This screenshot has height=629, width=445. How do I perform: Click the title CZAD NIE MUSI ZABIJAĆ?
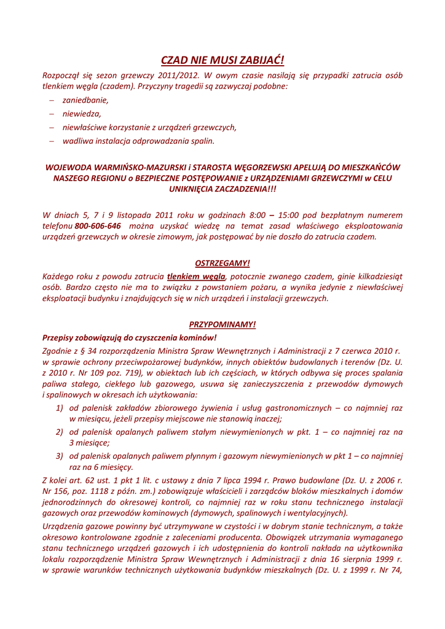pos(222,60)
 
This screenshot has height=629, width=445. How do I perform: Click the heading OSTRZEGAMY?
pos(222,263)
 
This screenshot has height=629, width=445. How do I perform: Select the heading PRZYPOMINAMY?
pos(222,324)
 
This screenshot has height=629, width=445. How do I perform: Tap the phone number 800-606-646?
pos(98,225)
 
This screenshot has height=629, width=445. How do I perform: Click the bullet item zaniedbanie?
pos(85,100)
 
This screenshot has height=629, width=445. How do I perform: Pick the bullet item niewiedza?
pos(82,114)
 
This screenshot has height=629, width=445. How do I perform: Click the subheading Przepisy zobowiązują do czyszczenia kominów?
pos(129,337)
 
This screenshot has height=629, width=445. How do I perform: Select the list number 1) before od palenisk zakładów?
pos(60,407)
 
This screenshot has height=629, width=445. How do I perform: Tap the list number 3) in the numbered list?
pos(60,455)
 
